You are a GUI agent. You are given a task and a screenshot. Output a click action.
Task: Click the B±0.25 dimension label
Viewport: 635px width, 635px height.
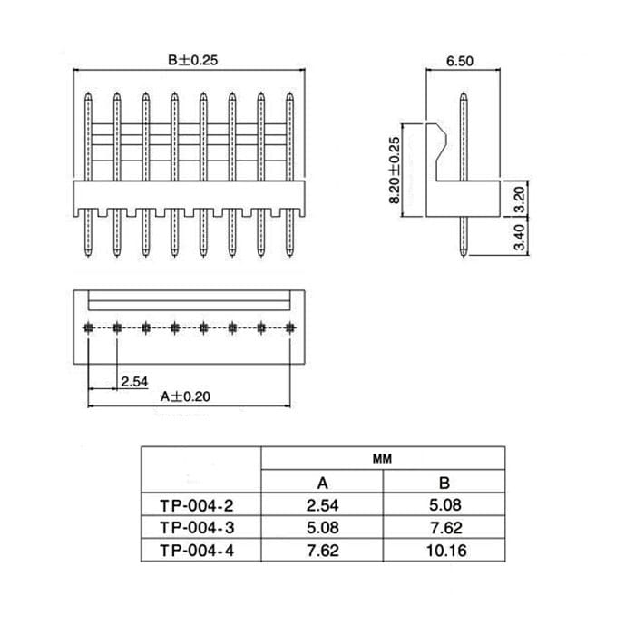click(192, 61)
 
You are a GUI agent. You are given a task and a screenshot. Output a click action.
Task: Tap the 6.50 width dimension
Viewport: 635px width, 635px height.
click(460, 61)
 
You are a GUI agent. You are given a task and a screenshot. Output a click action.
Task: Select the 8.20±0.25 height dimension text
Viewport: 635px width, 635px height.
click(394, 171)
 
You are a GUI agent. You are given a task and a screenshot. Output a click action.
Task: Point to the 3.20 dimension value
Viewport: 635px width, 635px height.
click(519, 200)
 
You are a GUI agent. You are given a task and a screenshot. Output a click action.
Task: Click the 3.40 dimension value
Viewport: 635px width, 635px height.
click(519, 238)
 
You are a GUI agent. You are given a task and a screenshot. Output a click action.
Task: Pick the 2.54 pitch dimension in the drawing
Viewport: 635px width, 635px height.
click(134, 382)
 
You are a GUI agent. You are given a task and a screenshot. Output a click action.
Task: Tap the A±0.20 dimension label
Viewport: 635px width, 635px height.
click(185, 396)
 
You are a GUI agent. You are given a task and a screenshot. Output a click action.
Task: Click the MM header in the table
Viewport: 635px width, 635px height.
click(382, 459)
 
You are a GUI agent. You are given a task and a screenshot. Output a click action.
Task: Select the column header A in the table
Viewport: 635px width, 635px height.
click(322, 483)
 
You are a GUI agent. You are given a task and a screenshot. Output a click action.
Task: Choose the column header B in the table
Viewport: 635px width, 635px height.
click(444, 483)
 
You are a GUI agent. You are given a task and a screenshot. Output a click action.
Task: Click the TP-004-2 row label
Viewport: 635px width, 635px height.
click(197, 506)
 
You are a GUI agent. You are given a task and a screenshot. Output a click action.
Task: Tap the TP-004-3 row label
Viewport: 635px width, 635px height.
click(197, 528)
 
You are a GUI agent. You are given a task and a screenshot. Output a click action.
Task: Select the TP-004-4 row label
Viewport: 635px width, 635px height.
click(197, 551)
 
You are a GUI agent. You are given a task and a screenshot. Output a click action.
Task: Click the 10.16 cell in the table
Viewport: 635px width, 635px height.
click(446, 551)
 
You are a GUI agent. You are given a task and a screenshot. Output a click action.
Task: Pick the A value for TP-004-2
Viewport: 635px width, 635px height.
click(322, 505)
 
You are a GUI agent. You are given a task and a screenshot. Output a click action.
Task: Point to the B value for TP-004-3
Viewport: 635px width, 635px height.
click(445, 528)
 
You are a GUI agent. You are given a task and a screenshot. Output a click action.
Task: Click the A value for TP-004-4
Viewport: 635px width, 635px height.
click(322, 551)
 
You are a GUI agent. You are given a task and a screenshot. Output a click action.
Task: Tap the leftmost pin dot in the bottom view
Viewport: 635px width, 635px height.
click(88, 327)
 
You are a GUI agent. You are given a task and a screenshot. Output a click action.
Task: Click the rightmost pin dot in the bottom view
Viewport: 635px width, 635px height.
click(290, 327)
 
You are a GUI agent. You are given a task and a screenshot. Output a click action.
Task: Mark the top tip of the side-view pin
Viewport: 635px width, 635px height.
click(464, 93)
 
